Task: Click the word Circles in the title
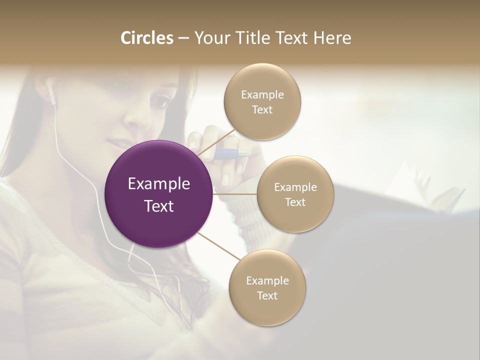point(146,38)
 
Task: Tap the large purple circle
point(159,194)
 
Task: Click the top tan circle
point(262,101)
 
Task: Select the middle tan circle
point(295,194)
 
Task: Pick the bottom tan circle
point(267,287)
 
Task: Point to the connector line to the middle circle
point(235,194)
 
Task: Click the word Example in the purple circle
point(159,184)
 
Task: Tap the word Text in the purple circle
point(159,205)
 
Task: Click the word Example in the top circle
point(262,94)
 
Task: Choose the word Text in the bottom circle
point(267,295)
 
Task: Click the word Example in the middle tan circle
point(295,187)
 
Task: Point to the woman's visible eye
point(160,101)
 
